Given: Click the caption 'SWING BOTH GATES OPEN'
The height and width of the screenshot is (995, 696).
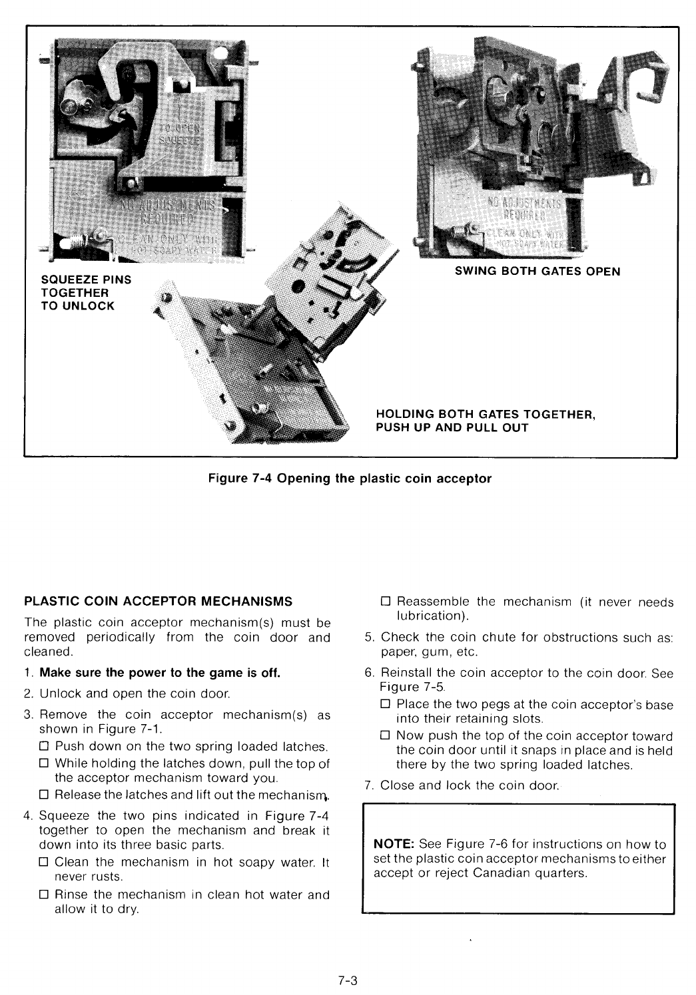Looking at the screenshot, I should pos(537,272).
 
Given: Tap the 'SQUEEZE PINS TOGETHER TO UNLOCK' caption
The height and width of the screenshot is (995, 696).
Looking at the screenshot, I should pos(86,293).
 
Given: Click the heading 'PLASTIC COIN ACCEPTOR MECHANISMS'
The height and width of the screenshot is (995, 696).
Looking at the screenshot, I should pos(158,602).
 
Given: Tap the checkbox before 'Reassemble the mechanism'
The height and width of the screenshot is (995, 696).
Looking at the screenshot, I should pos(385,602).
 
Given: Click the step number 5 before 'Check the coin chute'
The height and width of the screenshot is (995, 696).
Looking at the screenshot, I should pos(369,638).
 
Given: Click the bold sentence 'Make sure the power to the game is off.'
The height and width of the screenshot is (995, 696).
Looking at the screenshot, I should pos(160,672).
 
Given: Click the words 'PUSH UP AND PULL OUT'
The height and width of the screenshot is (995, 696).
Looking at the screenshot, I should pos(452,428).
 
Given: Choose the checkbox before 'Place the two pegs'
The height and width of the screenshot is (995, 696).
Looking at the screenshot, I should pos(385,704).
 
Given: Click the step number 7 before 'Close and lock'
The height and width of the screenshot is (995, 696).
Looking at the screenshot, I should pos(369,786).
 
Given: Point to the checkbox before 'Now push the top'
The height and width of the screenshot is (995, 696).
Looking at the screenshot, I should pos(385,736).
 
